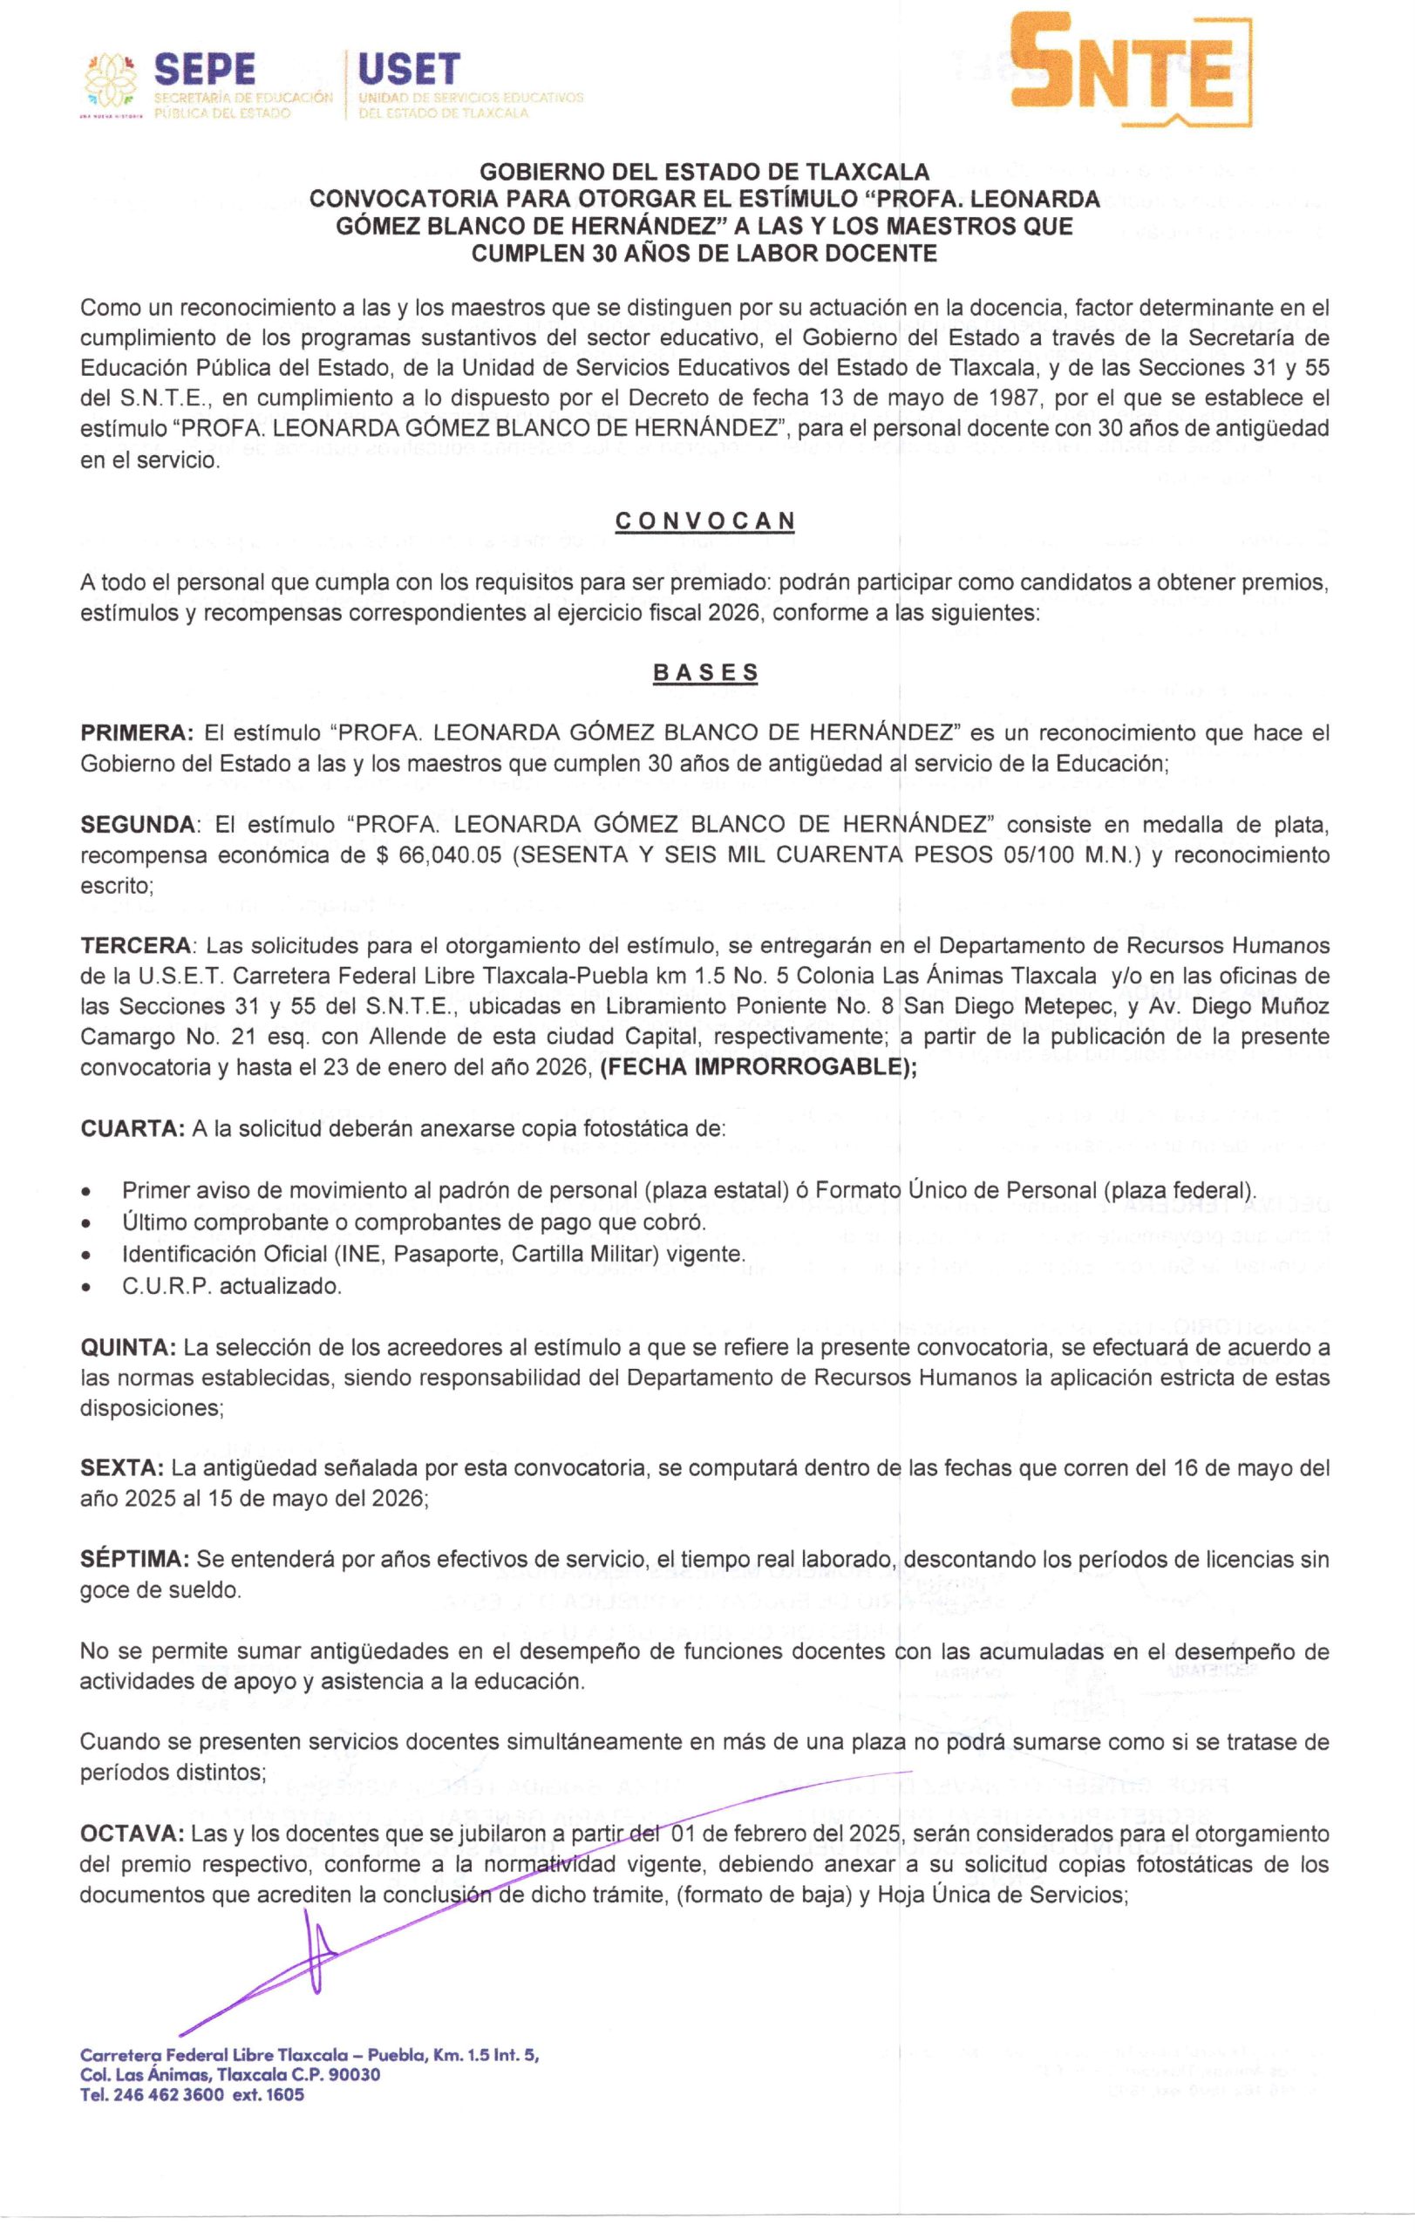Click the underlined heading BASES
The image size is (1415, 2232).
click(x=705, y=673)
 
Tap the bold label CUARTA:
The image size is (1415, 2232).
click(x=132, y=1129)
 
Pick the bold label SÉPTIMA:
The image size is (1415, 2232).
click(x=135, y=1560)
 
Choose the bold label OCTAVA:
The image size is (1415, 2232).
click(x=133, y=1834)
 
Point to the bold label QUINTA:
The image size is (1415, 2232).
click(x=129, y=1345)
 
